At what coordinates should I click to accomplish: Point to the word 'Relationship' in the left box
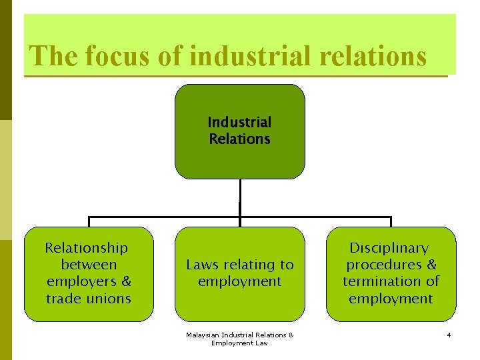click(86, 248)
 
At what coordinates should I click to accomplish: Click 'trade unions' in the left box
click(89, 299)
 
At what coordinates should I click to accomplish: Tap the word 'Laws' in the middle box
click(202, 265)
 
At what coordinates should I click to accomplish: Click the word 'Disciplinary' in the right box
click(389, 248)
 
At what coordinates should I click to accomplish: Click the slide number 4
click(449, 335)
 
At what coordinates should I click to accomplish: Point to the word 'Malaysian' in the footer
click(204, 335)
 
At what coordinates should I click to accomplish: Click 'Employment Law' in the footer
click(239, 343)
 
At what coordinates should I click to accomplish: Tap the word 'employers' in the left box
click(81, 281)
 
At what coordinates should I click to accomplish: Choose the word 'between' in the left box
click(89, 265)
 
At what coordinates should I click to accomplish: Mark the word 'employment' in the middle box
click(239, 281)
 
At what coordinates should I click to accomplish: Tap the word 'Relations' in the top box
click(239, 139)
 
